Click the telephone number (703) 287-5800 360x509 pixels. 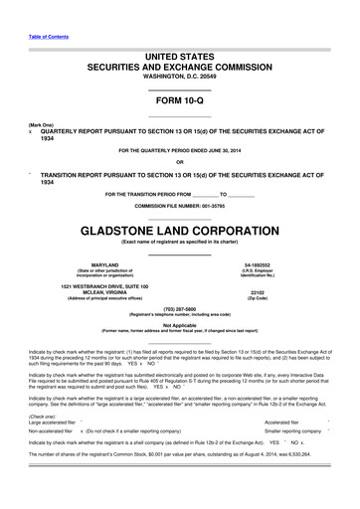[179, 308]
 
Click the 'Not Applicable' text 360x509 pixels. [179, 324]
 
